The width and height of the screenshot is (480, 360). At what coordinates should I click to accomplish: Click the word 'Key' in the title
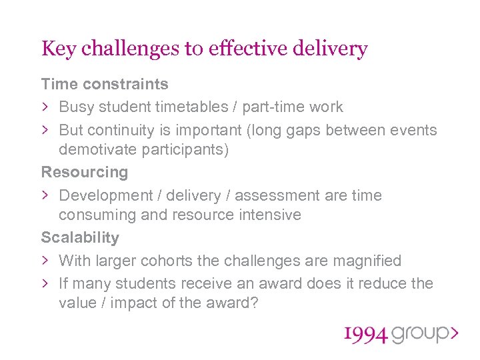pos(58,49)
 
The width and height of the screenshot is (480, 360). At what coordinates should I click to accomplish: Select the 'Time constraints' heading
pos(105,84)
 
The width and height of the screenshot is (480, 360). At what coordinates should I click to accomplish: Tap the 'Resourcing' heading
pos(85,172)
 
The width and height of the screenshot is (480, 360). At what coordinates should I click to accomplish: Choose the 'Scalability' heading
pos(81,237)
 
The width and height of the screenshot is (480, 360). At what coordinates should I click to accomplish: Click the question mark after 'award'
pos(255,302)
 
